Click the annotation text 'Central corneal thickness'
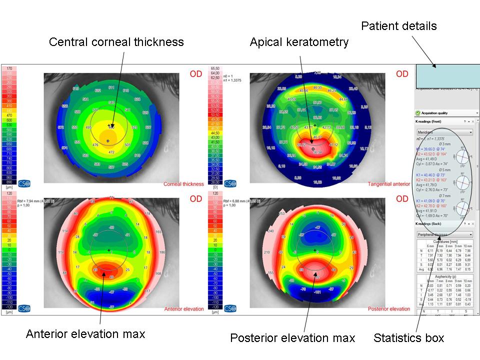pyautogui.click(x=116, y=42)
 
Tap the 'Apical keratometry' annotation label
pyautogui.click(x=299, y=42)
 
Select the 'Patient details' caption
pyautogui.click(x=399, y=26)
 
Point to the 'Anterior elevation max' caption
pyautogui.click(x=85, y=334)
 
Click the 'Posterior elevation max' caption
pyautogui.click(x=292, y=338)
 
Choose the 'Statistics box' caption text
pyautogui.click(x=408, y=338)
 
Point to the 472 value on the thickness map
pyautogui.click(x=111, y=152)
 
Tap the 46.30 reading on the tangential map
pyautogui.click(x=317, y=87)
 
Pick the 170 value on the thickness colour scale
pyautogui.click(x=9, y=68)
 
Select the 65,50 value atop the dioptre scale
pyautogui.click(x=216, y=68)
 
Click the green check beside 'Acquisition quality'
pyautogui.click(x=417, y=113)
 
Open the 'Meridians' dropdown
pyautogui.click(x=445, y=132)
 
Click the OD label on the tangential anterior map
pyautogui.click(x=402, y=74)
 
